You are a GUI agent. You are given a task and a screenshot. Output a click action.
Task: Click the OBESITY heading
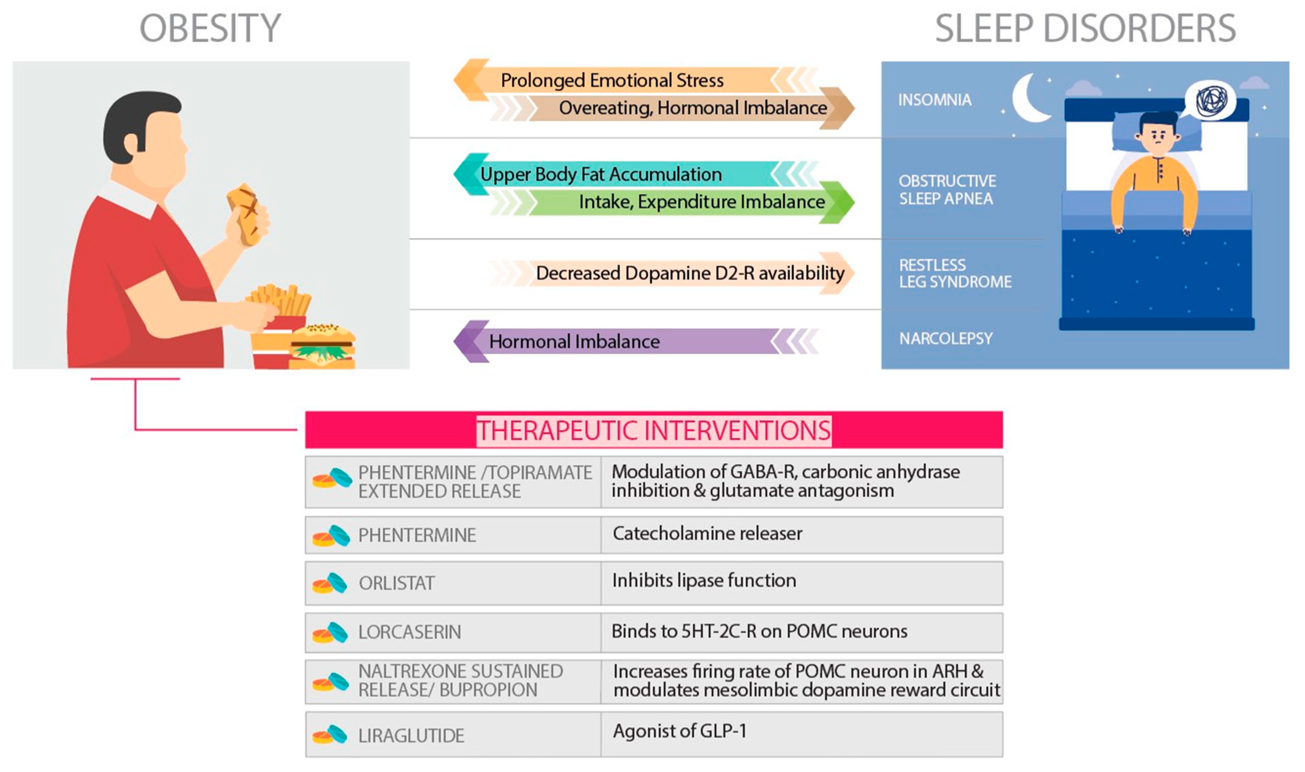coord(210,28)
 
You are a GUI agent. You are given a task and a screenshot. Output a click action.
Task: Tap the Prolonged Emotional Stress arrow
coord(611,80)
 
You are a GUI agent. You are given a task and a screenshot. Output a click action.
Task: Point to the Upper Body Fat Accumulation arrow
coord(601,174)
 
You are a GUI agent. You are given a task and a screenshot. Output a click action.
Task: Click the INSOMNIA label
coord(934,100)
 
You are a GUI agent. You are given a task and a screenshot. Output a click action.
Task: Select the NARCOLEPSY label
coord(946,339)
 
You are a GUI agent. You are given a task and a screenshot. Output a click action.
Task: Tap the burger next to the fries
coord(323,346)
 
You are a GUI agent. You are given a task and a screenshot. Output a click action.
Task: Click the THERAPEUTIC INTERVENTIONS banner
coord(654,430)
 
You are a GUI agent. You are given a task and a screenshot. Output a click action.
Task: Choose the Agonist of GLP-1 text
coord(680,731)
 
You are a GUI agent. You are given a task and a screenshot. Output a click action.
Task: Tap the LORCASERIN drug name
coord(410,632)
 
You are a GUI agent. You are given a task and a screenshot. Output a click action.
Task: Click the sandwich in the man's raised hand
coord(244,213)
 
